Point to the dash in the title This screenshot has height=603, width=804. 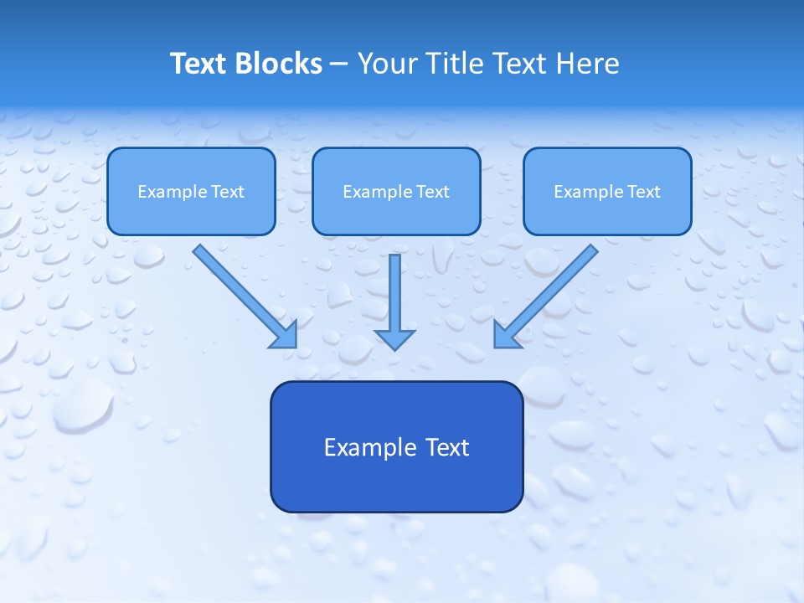(x=339, y=64)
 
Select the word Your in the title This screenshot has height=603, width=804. (x=387, y=64)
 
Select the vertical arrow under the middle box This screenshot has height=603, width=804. (x=394, y=293)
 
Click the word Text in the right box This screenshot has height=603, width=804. (x=644, y=192)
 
